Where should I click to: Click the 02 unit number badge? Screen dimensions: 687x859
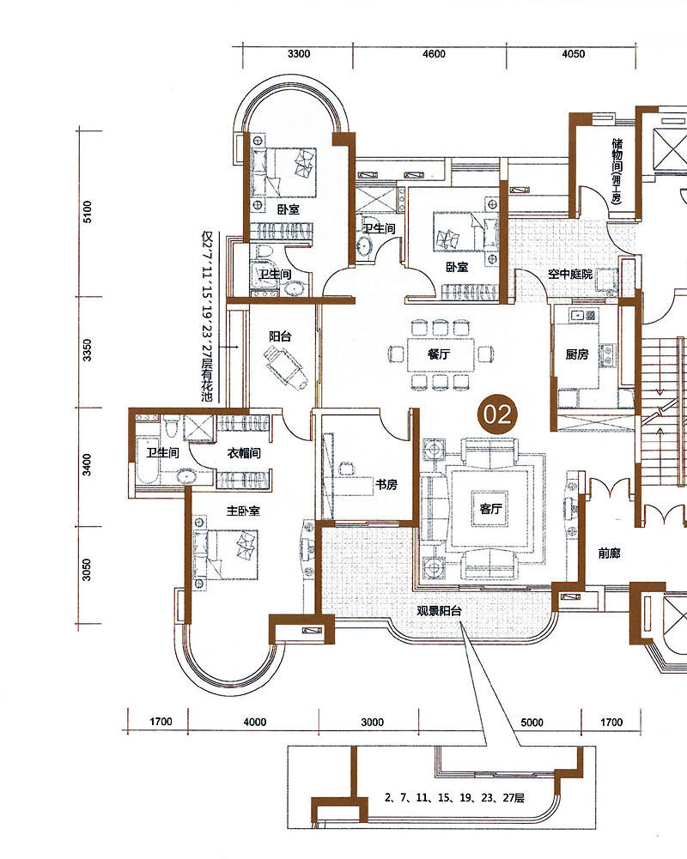497,414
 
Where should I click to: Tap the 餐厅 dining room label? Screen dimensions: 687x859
439,354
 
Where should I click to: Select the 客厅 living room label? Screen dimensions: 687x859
490,509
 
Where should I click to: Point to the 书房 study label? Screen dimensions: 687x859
386,485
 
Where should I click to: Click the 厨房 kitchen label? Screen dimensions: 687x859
577,354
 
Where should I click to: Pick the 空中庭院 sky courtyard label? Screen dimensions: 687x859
570,274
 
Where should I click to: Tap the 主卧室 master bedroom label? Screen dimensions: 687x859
243,511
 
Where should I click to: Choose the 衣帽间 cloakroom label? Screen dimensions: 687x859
244,453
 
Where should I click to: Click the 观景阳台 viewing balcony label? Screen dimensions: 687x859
439,611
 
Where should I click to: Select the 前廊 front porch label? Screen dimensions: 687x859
609,554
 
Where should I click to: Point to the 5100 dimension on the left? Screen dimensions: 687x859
88,212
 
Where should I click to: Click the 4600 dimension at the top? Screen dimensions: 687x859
434,54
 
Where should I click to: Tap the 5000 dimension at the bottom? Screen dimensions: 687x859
532,722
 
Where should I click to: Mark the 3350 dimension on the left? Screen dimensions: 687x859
88,351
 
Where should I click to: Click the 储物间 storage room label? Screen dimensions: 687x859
617,156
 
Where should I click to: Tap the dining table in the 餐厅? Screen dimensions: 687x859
440,355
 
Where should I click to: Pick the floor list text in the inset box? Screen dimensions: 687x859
454,798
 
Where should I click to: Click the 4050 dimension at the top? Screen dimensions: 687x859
574,54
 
